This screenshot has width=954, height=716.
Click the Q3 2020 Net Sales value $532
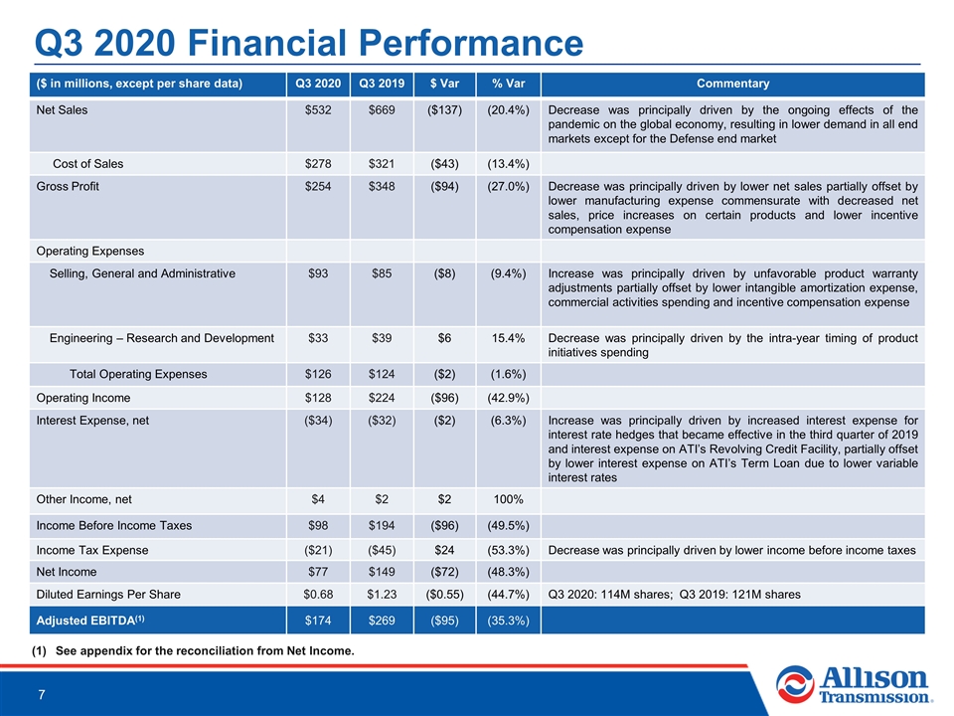click(x=318, y=110)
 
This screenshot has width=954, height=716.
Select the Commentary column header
click(x=732, y=84)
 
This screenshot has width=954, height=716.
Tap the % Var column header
click(x=508, y=84)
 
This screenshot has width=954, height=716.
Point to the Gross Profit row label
click(x=68, y=186)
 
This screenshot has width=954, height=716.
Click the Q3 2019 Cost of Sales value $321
click(x=382, y=164)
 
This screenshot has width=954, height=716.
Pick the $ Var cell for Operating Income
click(x=445, y=398)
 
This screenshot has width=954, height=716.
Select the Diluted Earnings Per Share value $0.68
click(x=318, y=595)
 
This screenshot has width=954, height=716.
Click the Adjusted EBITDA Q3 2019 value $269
click(x=382, y=621)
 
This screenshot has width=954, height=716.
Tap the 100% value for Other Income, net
click(x=508, y=499)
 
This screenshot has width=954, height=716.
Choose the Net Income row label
click(x=67, y=572)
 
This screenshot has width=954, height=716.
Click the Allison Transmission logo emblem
click(x=794, y=684)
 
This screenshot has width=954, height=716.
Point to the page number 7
click(x=42, y=695)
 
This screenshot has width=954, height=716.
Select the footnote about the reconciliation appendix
click(x=193, y=650)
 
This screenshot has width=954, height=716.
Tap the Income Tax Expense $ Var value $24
click(x=445, y=550)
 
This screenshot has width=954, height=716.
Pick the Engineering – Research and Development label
click(x=162, y=338)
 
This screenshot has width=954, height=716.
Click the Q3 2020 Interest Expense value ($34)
click(x=318, y=420)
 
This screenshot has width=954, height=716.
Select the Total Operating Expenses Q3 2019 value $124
click(x=382, y=374)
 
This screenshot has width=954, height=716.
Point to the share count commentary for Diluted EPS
click(x=674, y=595)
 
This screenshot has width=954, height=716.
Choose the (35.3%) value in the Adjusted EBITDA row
click(x=508, y=621)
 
